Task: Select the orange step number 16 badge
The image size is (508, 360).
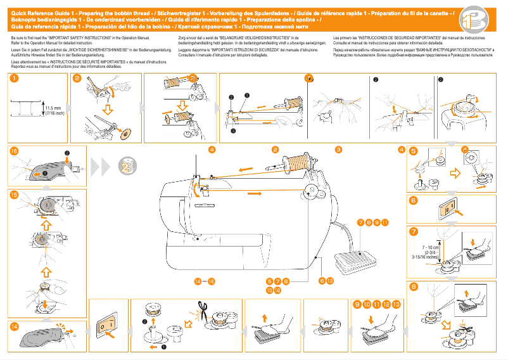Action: point(14,151)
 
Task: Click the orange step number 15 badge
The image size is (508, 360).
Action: point(14,195)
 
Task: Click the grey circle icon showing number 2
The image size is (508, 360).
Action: point(125,166)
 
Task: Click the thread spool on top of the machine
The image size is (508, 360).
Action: point(295,161)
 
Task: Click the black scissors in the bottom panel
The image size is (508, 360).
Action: point(202,309)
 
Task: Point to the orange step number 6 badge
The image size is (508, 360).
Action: point(413,200)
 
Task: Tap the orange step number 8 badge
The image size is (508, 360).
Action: point(413,286)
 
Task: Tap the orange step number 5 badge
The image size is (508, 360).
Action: point(413,151)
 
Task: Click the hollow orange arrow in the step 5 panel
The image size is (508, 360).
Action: point(455,173)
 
